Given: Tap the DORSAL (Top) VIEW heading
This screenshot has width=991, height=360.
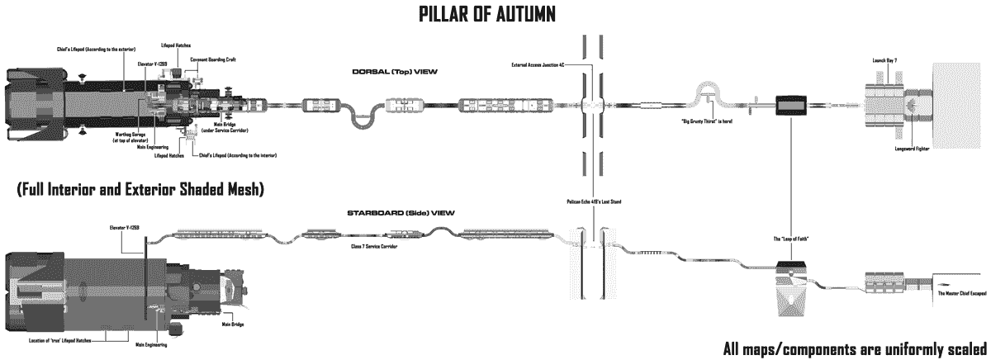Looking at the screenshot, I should point(395,73).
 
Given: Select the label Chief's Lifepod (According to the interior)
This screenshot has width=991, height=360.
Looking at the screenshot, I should point(236,154).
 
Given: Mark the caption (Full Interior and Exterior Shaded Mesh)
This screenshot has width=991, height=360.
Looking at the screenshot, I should point(140,190).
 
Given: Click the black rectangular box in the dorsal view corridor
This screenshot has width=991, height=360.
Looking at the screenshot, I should point(791,106).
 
